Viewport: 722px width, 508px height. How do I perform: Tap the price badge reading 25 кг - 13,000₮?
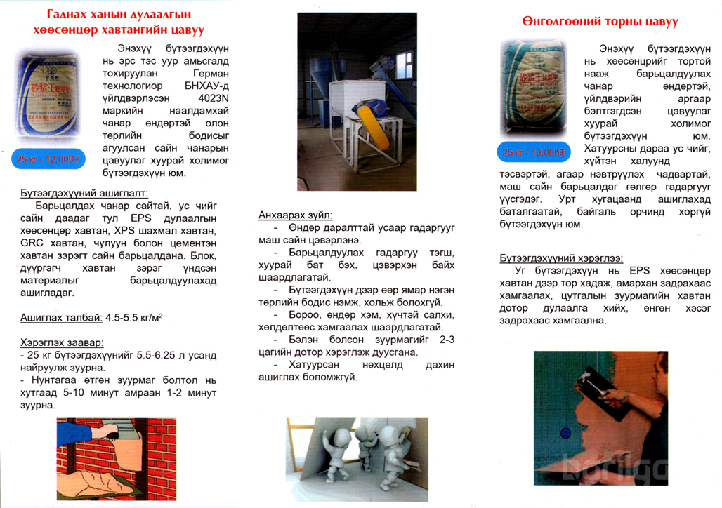click(532, 152)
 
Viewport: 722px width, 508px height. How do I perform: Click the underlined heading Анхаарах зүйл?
click(296, 215)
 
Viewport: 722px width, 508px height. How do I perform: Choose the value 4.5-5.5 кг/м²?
click(135, 317)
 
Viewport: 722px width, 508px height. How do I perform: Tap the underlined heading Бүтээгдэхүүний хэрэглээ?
click(560, 258)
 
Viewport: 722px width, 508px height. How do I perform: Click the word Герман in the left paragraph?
click(214, 73)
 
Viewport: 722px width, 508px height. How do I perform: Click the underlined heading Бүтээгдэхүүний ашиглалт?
click(84, 192)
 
